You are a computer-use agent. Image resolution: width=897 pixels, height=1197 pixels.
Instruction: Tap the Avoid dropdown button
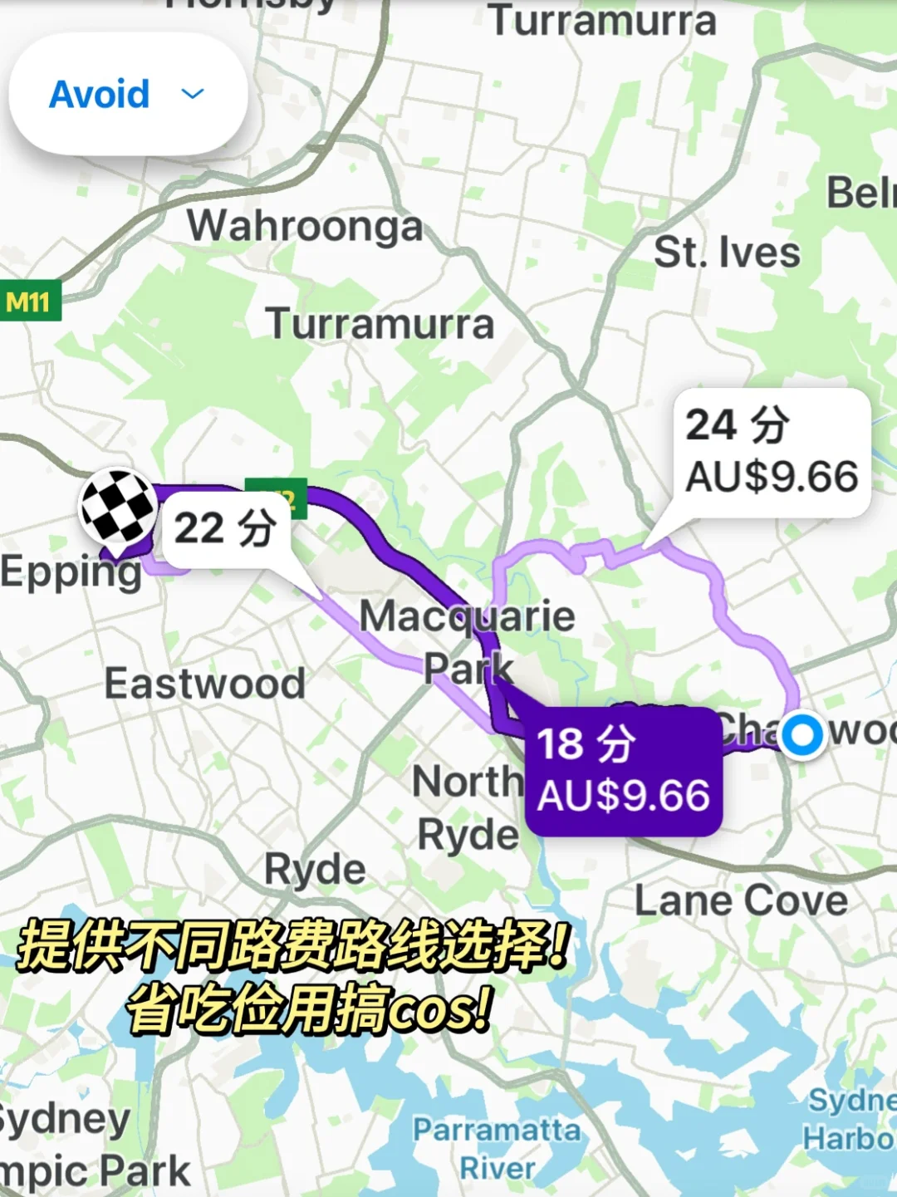[128, 94]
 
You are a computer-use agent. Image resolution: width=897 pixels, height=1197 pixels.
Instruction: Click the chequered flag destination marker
[118, 507]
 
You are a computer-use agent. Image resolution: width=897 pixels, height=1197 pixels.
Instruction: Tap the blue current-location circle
[801, 734]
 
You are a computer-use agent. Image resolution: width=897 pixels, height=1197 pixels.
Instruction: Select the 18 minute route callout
[623, 770]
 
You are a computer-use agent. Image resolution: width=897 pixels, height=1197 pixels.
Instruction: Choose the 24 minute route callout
[772, 451]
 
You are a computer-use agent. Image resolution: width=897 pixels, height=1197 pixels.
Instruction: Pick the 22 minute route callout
[225, 528]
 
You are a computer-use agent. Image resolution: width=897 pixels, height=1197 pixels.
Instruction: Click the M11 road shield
[29, 302]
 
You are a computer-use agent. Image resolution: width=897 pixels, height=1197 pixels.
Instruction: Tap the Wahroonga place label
[305, 226]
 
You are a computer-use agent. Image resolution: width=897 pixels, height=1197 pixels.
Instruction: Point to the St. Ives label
[727, 253]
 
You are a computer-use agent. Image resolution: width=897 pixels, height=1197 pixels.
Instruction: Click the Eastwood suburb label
[204, 684]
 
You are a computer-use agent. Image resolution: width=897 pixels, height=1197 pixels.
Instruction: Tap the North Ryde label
[467, 807]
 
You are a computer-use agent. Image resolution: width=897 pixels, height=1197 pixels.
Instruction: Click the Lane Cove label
[741, 900]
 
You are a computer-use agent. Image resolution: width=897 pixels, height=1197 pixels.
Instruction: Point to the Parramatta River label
[497, 1148]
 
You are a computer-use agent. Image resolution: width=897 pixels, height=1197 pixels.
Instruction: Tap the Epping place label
[71, 572]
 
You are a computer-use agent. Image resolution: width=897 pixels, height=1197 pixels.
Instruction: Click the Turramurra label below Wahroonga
[380, 324]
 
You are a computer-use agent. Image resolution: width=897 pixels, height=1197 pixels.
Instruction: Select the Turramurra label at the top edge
[602, 21]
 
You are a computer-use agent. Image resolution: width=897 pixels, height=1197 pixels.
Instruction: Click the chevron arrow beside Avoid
[193, 94]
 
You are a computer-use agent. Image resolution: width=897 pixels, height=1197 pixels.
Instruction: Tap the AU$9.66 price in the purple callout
[623, 796]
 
